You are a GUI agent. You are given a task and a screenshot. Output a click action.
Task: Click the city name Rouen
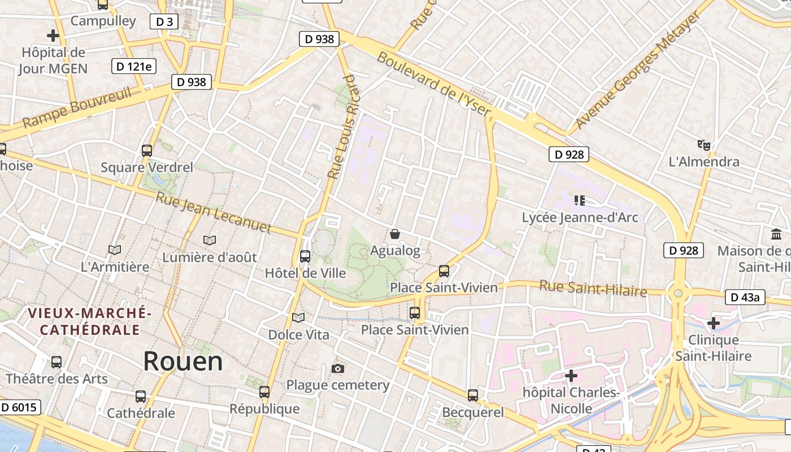[183, 361]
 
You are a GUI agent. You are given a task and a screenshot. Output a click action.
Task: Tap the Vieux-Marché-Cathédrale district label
[90, 321]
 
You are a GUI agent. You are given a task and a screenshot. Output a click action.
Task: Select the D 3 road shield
[164, 22]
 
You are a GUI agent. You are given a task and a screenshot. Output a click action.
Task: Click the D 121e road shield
[134, 66]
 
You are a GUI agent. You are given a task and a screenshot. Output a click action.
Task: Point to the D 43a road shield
[745, 297]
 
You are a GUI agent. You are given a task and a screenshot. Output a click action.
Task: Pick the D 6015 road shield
[20, 407]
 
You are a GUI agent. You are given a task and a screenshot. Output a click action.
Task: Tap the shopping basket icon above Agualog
[395, 234]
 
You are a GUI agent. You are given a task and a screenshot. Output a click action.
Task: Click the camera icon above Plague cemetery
[338, 369]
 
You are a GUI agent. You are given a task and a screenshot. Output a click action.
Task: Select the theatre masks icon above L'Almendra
[703, 145]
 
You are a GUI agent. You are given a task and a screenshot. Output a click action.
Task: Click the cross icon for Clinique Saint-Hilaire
[714, 323]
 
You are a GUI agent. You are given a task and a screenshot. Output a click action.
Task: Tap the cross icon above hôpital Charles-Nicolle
[571, 375]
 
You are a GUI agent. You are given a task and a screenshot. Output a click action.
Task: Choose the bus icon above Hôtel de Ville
[305, 257]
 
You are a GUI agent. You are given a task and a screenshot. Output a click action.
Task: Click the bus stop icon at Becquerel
[473, 395]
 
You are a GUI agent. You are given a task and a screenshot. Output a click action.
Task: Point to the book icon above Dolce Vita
[298, 318]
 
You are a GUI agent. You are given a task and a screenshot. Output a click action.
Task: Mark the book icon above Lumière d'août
[210, 241]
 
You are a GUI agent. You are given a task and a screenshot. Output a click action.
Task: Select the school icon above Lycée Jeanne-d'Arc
[579, 200]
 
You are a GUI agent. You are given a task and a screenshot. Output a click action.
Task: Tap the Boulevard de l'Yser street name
[434, 83]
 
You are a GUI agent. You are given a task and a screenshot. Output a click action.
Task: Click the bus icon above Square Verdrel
[147, 151]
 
